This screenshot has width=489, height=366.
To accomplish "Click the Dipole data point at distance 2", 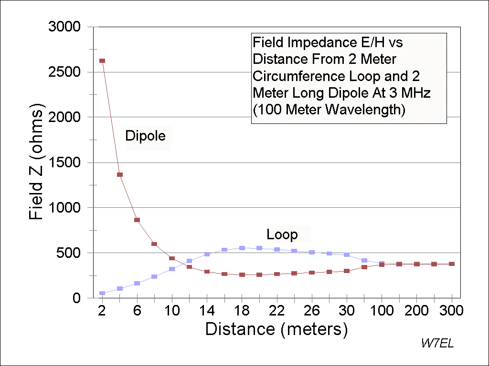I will point(102,61).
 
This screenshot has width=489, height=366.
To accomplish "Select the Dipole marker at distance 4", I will point(120,175).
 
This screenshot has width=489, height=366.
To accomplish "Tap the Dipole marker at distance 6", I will point(137,220).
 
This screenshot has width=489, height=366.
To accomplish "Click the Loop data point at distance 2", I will point(102,293).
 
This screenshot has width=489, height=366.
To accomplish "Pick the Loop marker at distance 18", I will point(242,248).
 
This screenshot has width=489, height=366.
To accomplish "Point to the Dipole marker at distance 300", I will point(452,264).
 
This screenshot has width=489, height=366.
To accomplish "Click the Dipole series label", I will point(145,136).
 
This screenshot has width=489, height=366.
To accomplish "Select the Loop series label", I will point(282,234).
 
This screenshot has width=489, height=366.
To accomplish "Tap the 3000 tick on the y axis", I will point(66,27).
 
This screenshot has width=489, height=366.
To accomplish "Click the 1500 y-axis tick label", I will point(66,163).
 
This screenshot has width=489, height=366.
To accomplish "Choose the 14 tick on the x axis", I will point(207,311).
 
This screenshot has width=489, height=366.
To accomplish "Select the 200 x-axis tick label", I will point(417,311).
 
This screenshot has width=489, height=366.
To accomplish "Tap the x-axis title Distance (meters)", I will point(276,330).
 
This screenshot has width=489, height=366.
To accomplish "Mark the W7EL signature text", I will point(437,343).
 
